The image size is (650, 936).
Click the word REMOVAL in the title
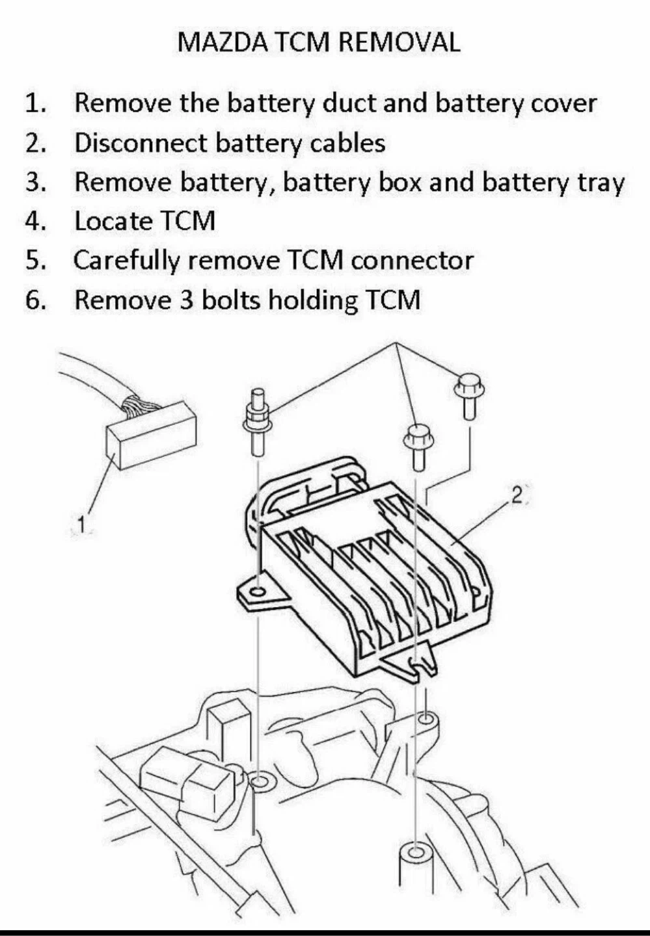[399, 43]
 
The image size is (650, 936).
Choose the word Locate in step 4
[113, 222]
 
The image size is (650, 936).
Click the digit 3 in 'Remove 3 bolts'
[185, 300]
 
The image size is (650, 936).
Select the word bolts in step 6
[229, 300]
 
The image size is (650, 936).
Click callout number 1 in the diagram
[81, 524]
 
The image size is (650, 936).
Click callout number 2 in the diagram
[516, 496]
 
